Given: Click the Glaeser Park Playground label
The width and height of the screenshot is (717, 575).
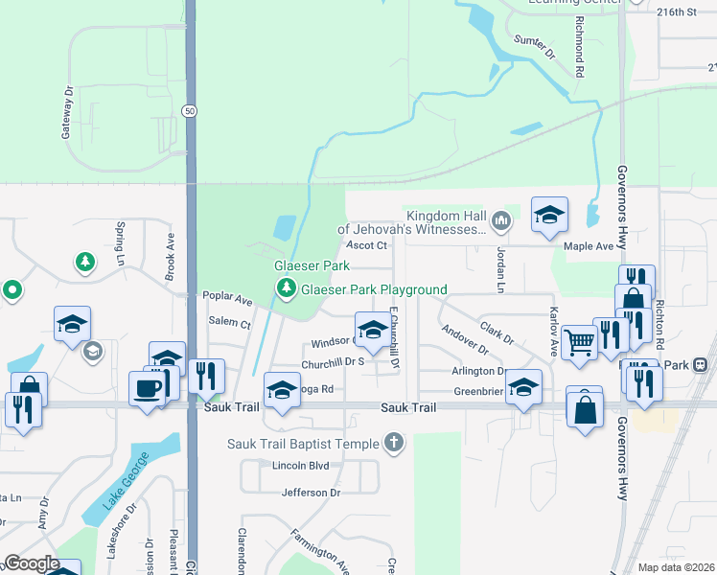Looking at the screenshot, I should pos(374,289).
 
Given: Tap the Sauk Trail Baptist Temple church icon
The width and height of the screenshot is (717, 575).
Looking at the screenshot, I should pos(392,443).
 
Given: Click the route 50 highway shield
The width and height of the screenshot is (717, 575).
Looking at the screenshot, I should pos(191,112).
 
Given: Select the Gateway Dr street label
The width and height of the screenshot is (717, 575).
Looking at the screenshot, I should pos(67,114).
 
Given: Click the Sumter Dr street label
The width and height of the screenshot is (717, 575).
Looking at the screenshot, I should pos(535,46).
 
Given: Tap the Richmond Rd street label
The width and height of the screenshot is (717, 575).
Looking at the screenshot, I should pos(580,46).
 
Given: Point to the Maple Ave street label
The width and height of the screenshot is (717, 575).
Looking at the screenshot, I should pos(589,246).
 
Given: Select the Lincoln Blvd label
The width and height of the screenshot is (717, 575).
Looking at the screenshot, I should pos(301,466).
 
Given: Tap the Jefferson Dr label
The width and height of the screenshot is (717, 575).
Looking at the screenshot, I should pos(311,493).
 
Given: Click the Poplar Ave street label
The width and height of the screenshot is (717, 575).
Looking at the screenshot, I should pos(227,299).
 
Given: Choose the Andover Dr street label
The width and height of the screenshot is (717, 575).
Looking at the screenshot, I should pos(465,342).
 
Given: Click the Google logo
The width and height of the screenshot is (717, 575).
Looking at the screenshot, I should pos(32,563).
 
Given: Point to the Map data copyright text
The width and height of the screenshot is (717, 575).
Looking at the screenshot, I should pos(675,567).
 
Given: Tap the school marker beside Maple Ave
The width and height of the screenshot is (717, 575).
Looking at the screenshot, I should pos(549,216).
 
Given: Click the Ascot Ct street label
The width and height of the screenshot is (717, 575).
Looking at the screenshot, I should pos(367,245).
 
